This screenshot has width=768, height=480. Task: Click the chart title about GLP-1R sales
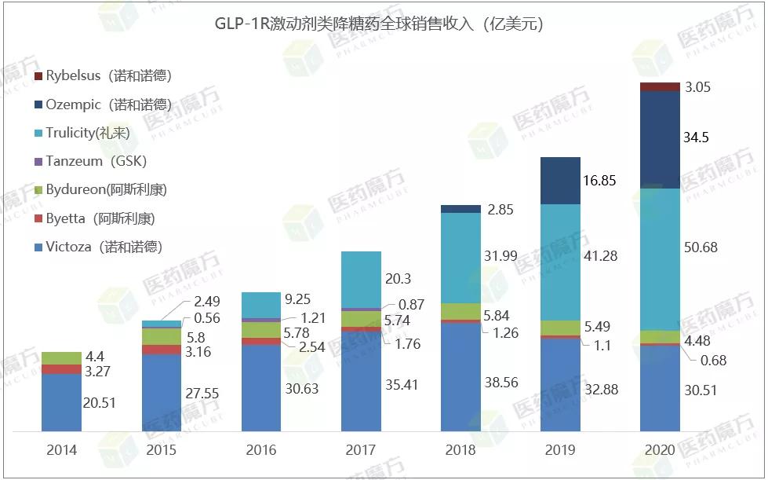click(379, 24)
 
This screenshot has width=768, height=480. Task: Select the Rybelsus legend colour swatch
click(38, 76)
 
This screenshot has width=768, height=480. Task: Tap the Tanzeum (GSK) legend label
click(96, 161)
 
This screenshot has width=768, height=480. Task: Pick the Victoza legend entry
click(104, 247)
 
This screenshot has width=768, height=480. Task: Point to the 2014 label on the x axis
click(61, 450)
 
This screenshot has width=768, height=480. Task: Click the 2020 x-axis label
click(660, 450)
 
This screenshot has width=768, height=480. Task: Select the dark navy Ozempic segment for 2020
click(660, 140)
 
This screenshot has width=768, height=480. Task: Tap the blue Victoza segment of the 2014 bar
click(61, 402)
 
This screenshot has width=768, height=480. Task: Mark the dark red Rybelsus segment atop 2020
click(660, 86)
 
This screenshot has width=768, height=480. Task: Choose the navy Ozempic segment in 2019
click(560, 181)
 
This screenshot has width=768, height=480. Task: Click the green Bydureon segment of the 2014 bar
click(61, 358)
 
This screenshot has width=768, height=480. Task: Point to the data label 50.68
click(701, 247)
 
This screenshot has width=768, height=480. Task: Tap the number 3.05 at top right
click(697, 88)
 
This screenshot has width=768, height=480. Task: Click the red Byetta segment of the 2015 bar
click(161, 350)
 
